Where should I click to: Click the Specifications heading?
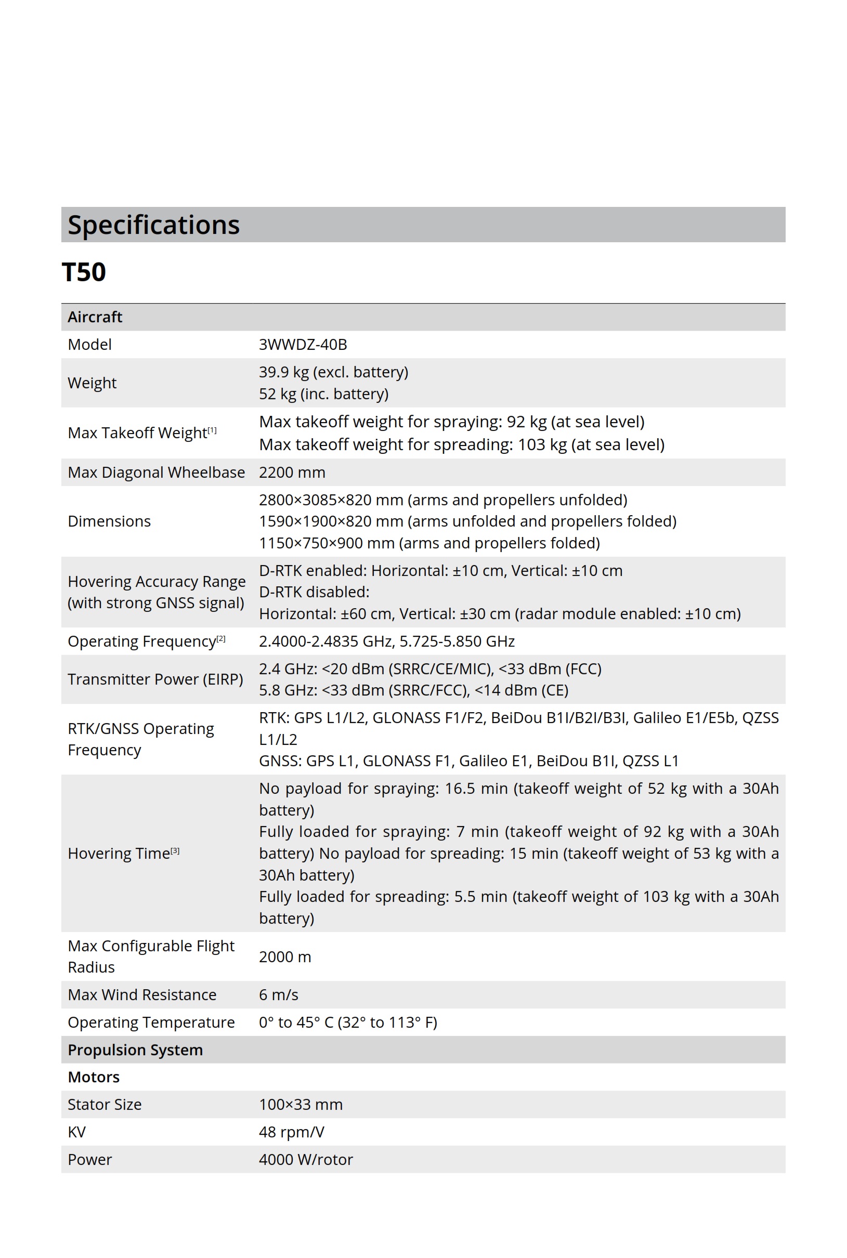153,225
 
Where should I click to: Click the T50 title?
84,271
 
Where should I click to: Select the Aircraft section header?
95,317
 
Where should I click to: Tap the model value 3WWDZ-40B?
303,345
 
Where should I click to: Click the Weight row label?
92,383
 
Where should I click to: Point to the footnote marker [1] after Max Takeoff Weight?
212,430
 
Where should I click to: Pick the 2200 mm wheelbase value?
292,473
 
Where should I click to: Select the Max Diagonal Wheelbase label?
156,473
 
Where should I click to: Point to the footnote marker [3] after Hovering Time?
175,851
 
